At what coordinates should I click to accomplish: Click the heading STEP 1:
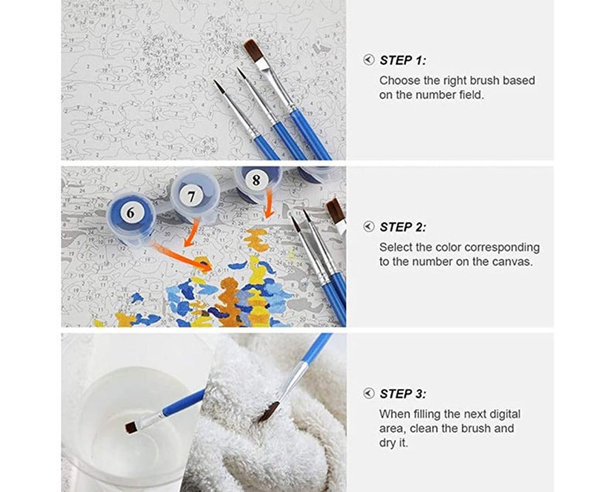click(x=403, y=60)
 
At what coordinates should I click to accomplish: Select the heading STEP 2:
click(x=403, y=227)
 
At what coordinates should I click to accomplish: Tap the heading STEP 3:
click(x=403, y=393)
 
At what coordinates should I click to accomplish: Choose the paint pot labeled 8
click(x=258, y=182)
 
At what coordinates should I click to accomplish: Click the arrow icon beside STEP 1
click(x=368, y=60)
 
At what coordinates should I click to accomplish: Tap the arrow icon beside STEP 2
click(x=368, y=227)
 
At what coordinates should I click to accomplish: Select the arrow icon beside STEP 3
click(x=368, y=393)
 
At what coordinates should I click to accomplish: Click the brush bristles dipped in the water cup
click(x=133, y=427)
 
